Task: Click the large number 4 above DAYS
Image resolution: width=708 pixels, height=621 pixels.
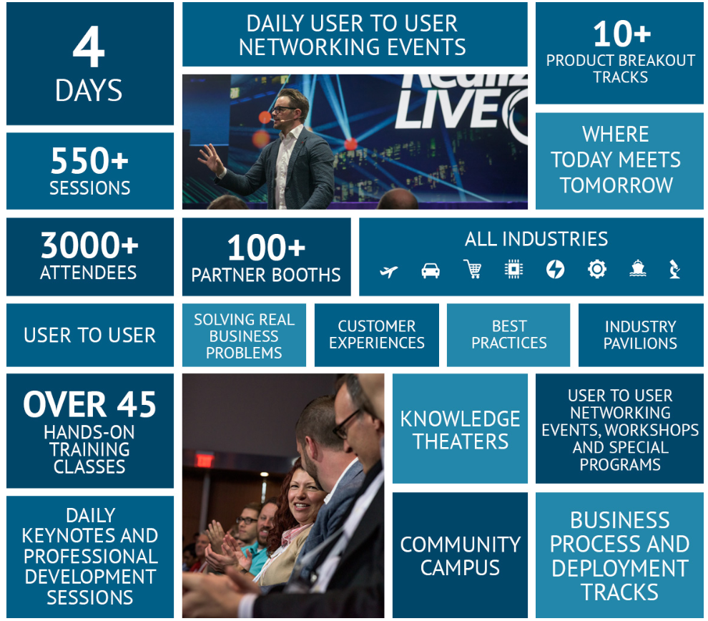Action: click(x=89, y=47)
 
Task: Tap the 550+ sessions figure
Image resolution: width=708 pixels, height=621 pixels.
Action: click(x=89, y=161)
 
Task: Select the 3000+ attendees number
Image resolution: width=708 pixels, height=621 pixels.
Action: click(x=89, y=245)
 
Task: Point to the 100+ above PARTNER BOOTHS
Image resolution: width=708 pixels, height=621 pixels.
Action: click(x=267, y=248)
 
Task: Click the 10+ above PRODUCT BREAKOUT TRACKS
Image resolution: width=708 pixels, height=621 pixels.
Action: click(x=621, y=34)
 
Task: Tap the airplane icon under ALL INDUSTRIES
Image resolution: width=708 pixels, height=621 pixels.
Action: click(x=389, y=271)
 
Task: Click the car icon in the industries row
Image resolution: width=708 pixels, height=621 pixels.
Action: click(x=431, y=270)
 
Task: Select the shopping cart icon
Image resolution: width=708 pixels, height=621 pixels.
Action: click(x=472, y=269)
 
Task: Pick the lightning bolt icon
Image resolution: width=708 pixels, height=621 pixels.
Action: click(x=555, y=270)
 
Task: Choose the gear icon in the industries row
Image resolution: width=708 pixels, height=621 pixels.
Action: click(x=597, y=269)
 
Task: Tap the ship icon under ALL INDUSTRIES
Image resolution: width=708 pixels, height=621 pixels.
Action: click(x=638, y=268)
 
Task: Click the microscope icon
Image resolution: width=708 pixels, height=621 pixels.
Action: click(x=674, y=269)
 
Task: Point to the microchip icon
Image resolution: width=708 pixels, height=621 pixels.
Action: click(x=513, y=269)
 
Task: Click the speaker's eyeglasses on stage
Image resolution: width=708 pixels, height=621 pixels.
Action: click(x=284, y=109)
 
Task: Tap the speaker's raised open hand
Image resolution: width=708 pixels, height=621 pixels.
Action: click(x=210, y=159)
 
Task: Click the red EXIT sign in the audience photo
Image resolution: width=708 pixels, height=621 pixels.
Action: click(x=204, y=460)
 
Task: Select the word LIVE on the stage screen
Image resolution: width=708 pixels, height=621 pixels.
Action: click(x=448, y=109)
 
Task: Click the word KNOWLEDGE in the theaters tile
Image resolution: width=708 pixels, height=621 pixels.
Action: click(x=460, y=419)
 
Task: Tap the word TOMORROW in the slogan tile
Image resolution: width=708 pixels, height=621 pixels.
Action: click(x=616, y=185)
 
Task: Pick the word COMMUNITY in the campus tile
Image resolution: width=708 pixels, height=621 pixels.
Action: click(x=460, y=544)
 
